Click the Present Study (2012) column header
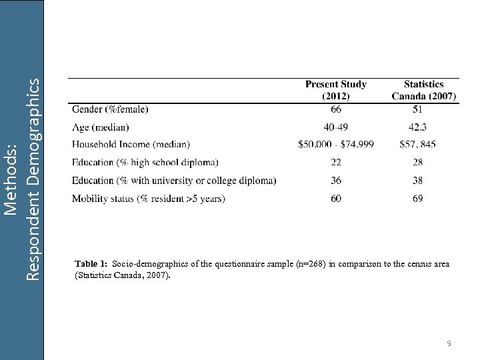pyautogui.click(x=335, y=90)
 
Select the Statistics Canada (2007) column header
pyautogui.click(x=423, y=90)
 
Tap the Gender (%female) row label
pyautogui.click(x=110, y=109)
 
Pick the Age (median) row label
pyautogui.click(x=100, y=127)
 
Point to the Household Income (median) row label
pyautogui.click(x=131, y=144)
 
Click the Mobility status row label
pyautogui.click(x=148, y=198)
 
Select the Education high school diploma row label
pyautogui.click(x=145, y=162)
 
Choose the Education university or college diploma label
pyautogui.click(x=173, y=180)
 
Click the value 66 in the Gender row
pyautogui.click(x=335, y=109)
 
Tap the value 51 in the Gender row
pyautogui.click(x=417, y=109)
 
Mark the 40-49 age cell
pyautogui.click(x=335, y=127)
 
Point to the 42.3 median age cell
pyautogui.click(x=417, y=127)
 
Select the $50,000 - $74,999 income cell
pyautogui.click(x=335, y=144)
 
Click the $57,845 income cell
pyautogui.click(x=418, y=144)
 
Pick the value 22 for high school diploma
pyautogui.click(x=335, y=162)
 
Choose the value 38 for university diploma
pyautogui.click(x=417, y=180)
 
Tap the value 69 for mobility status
pyautogui.click(x=417, y=198)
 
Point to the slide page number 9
pyautogui.click(x=449, y=343)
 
